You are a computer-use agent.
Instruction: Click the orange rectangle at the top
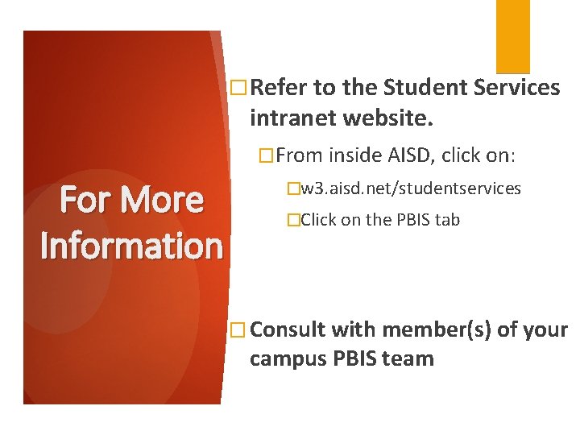coord(512,36)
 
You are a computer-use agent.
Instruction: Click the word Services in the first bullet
coord(516,87)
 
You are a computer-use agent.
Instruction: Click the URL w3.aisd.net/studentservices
coord(410,188)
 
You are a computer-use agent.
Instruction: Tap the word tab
coord(447,219)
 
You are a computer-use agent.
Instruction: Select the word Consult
coord(288,330)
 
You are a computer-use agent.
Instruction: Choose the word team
coord(409,359)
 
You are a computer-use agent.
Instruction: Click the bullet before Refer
coord(237,87)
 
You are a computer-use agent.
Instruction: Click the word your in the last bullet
coord(546,330)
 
